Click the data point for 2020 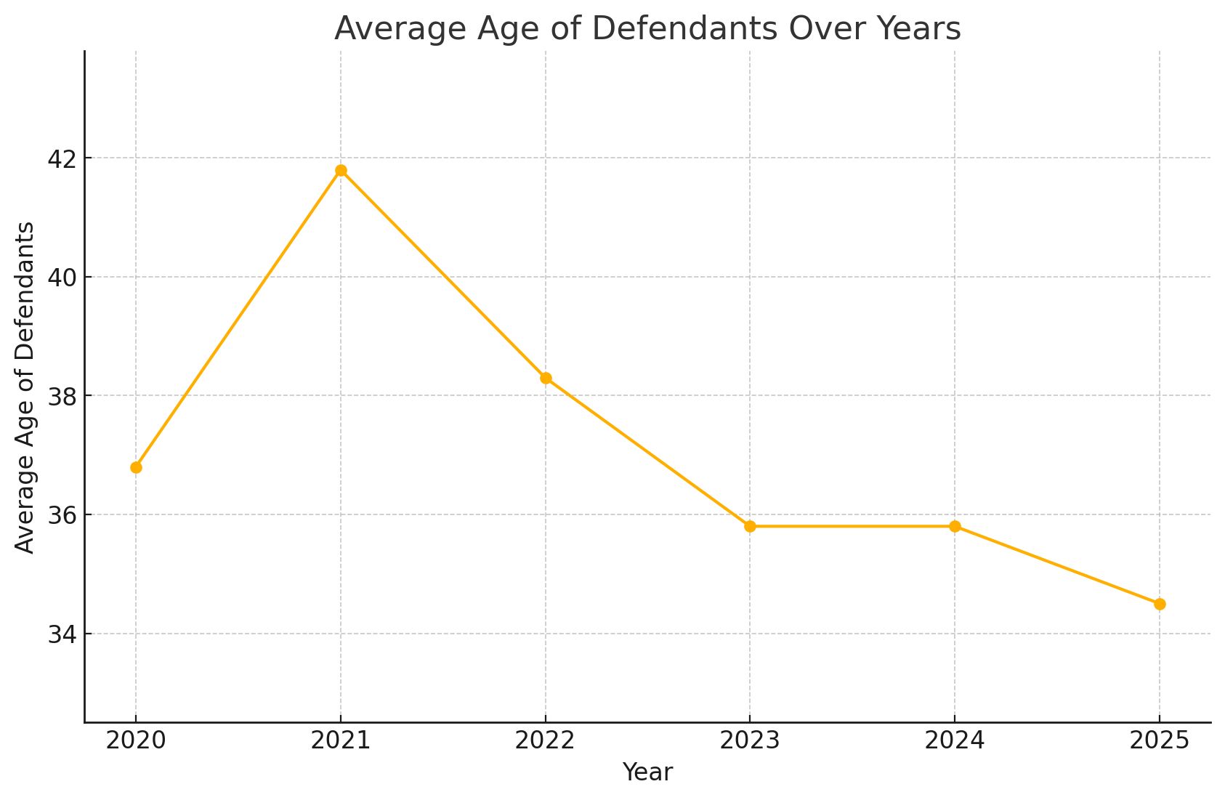pos(136,467)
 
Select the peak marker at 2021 pos(341,171)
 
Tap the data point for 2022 pos(546,379)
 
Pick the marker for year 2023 pos(750,526)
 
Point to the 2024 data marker pos(955,526)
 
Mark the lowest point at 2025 pos(1160,604)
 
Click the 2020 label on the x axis pos(136,740)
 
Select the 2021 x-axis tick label pos(341,740)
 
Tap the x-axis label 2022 pos(546,740)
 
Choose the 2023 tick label pos(750,740)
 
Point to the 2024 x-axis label pos(955,740)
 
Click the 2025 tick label pos(1160,740)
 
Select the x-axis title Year pos(647,772)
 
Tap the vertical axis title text pos(25,387)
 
